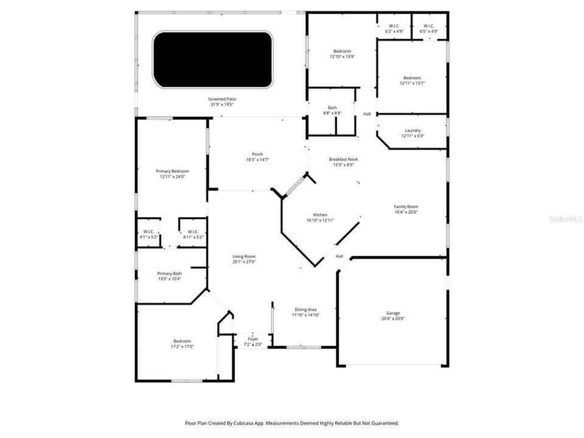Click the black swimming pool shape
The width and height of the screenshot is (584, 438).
212,60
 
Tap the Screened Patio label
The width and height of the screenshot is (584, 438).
222,99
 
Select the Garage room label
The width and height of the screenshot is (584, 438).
392,313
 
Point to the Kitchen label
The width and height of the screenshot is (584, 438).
321,215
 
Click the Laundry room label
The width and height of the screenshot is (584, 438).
412,131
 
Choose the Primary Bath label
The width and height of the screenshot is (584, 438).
170,274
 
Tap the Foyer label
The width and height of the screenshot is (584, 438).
253,339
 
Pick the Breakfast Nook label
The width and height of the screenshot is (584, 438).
344,159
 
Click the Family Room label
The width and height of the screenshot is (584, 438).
406,207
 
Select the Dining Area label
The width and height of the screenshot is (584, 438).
305,310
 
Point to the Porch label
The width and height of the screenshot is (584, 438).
258,154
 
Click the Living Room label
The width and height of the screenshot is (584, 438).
244,257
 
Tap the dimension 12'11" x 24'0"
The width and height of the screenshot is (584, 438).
172,177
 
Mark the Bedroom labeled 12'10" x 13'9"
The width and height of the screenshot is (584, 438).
342,51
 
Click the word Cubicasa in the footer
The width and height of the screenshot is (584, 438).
240,423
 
